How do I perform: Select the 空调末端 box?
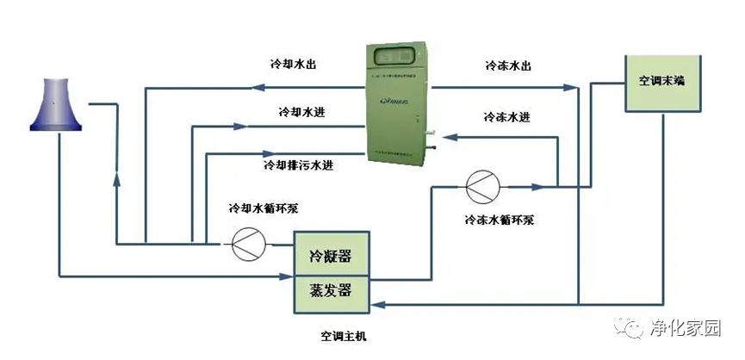pyautogui.click(x=661, y=84)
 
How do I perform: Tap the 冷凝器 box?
pyautogui.click(x=330, y=256)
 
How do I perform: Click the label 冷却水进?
pyautogui.click(x=301, y=112)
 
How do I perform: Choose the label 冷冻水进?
pyautogui.click(x=506, y=117)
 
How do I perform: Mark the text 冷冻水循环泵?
pyautogui.click(x=499, y=219)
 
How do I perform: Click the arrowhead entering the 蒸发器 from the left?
pyautogui.click(x=289, y=276)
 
